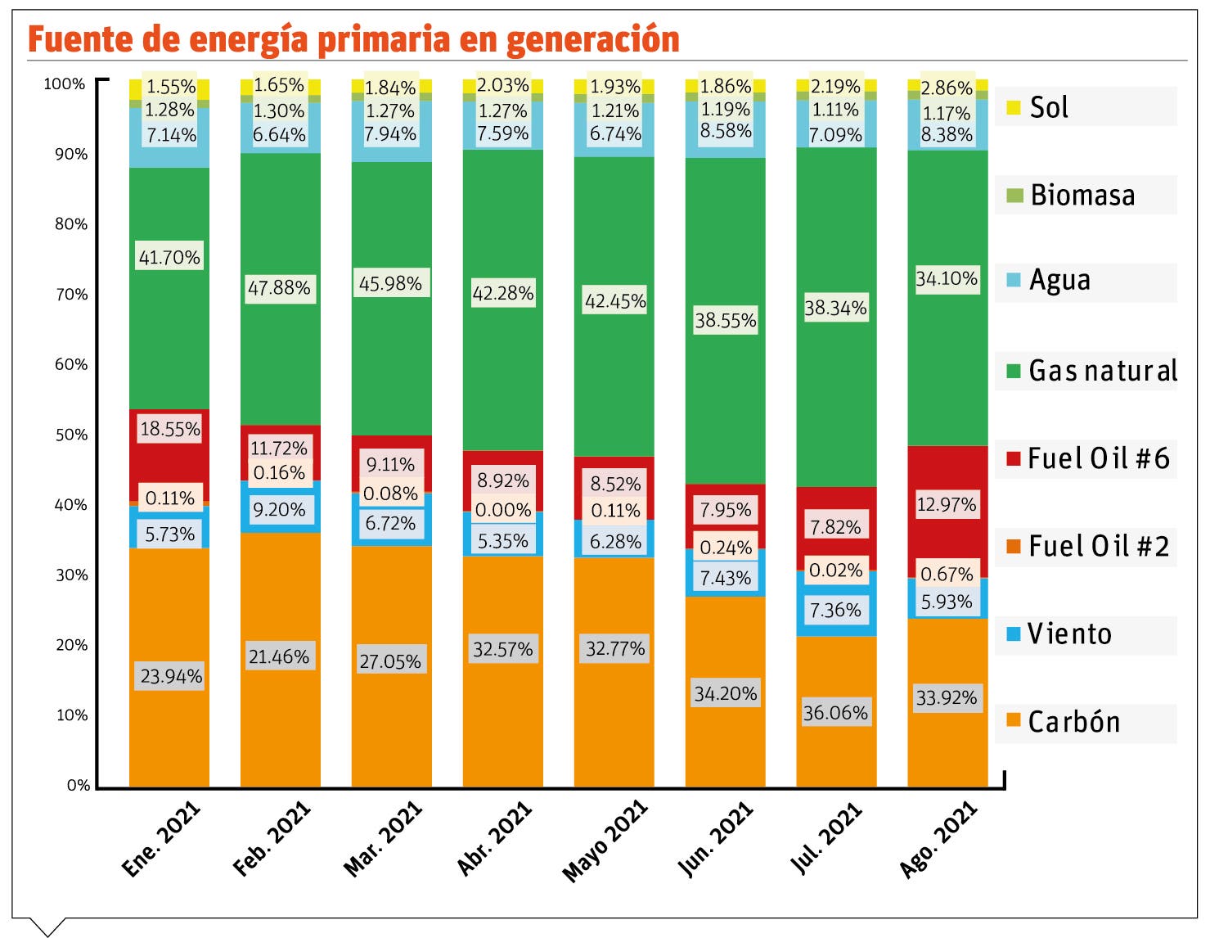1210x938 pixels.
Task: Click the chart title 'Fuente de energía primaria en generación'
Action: (353, 39)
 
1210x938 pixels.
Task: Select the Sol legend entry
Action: (1048, 107)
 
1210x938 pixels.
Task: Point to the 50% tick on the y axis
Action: (71, 435)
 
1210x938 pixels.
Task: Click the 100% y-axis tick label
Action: (65, 83)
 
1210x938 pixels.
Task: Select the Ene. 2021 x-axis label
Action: (161, 839)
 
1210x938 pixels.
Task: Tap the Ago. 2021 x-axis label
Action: (938, 839)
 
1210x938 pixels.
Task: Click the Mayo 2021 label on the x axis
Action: (605, 841)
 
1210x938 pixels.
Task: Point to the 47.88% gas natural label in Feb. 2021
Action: (279, 288)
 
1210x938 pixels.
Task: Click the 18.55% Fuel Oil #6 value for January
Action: (170, 429)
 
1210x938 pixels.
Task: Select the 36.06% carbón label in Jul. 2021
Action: (835, 713)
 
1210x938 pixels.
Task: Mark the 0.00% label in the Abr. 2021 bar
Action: (503, 510)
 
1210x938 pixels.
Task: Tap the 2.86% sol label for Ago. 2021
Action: (947, 88)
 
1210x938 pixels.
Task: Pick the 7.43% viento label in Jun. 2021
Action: (726, 578)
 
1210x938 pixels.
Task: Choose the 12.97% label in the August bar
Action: (947, 504)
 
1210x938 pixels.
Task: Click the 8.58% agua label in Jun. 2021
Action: (726, 131)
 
